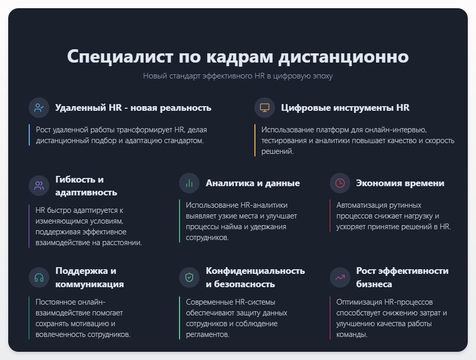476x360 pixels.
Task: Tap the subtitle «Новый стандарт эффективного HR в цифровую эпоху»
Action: (x=237, y=76)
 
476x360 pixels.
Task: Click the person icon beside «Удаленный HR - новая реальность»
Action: (x=39, y=108)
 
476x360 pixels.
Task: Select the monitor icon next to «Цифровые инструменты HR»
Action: (x=265, y=108)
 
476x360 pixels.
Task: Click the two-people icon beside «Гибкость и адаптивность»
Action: (x=39, y=186)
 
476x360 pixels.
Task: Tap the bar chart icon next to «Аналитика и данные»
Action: (x=189, y=183)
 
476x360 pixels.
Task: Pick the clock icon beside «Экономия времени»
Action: (x=340, y=183)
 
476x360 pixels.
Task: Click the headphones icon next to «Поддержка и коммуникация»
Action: (x=39, y=277)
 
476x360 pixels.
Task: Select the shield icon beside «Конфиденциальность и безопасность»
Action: (x=189, y=277)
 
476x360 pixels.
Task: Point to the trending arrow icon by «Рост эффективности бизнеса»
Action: (x=340, y=277)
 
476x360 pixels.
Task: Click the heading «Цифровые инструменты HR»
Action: (x=345, y=108)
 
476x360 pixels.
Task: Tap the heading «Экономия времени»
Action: (x=400, y=183)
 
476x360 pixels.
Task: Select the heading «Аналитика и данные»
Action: (x=253, y=183)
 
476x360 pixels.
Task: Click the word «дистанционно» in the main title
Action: (x=343, y=56)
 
